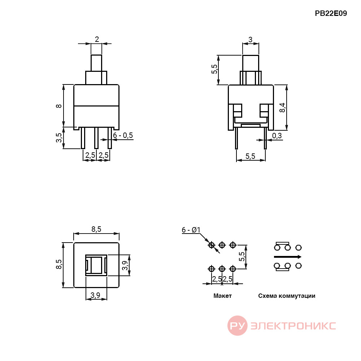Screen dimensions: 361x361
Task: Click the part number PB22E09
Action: click(331, 13)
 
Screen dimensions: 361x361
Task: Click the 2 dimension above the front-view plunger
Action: click(97, 39)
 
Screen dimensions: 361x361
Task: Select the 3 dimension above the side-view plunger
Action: click(251, 40)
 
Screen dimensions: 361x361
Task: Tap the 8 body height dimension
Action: click(59, 106)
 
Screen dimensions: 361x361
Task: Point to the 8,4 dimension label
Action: click(282, 108)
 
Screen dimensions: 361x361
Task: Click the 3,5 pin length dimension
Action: click(59, 138)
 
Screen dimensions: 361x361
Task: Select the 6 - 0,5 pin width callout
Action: click(123, 135)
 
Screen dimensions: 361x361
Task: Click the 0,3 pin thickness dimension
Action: click(277, 136)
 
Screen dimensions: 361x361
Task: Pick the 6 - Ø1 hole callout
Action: click(191, 230)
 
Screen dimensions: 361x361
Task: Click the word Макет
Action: click(222, 296)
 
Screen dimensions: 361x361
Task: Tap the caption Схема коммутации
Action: click(287, 296)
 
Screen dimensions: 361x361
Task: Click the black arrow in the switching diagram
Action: click(288, 257)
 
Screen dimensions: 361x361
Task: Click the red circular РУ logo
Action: click(238, 326)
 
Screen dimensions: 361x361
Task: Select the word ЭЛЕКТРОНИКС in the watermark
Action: click(293, 326)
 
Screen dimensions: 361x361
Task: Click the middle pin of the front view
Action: click(96, 138)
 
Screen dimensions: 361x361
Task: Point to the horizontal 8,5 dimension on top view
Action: click(96, 229)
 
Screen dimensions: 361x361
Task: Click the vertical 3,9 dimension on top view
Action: click(125, 265)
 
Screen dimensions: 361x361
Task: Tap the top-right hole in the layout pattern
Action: click(233, 245)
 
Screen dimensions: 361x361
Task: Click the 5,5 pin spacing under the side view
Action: click(250, 156)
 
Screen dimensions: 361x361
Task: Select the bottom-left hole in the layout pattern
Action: click(211, 269)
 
